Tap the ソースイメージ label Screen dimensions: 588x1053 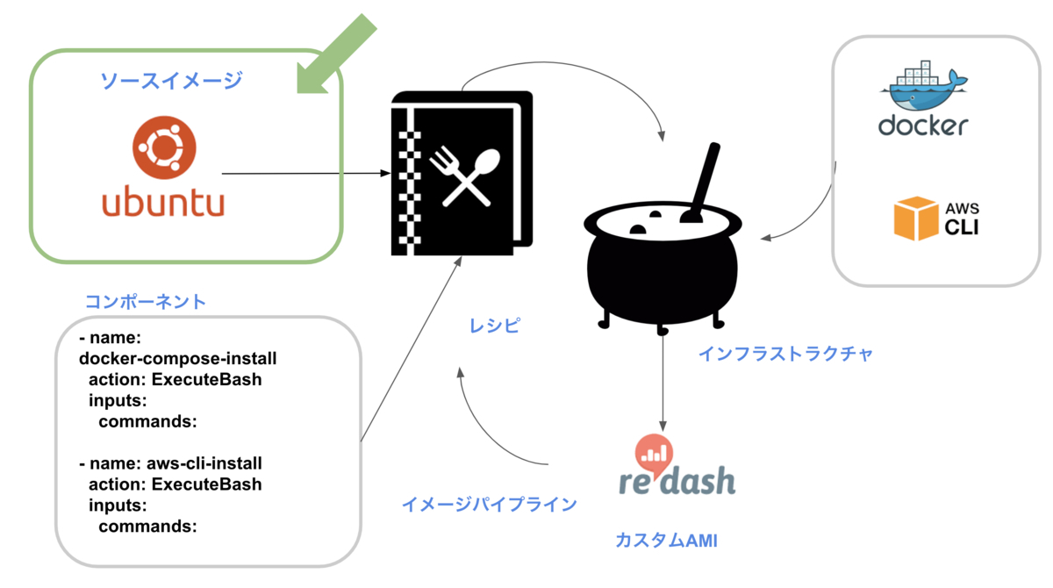tap(171, 81)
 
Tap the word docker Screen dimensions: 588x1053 tap(922, 125)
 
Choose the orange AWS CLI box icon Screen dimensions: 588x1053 tap(915, 219)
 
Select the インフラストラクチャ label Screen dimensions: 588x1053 tap(785, 354)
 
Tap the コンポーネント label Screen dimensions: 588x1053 tap(146, 302)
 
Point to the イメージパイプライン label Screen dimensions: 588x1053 tap(489, 504)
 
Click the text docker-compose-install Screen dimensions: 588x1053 tap(178, 358)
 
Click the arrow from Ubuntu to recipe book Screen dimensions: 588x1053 tap(303, 174)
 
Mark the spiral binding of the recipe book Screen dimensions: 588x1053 tap(405, 176)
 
